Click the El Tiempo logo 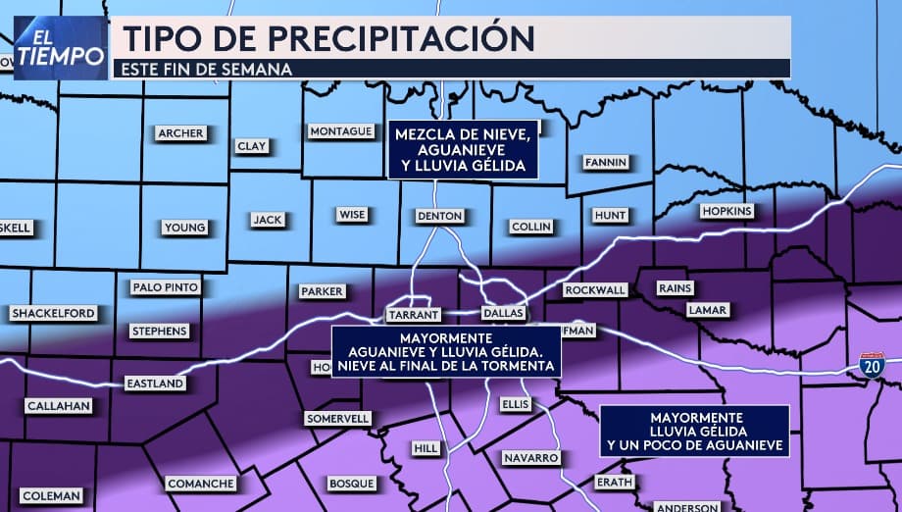pyautogui.click(x=60, y=47)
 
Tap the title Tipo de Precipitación pyautogui.click(x=327, y=37)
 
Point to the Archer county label pyautogui.click(x=180, y=133)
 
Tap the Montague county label pyautogui.click(x=340, y=131)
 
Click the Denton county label pyautogui.click(x=438, y=216)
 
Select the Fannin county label pyautogui.click(x=604, y=162)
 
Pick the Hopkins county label pyautogui.click(x=726, y=211)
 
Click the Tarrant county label pyautogui.click(x=413, y=315)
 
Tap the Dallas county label pyautogui.click(x=504, y=313)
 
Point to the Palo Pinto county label pyautogui.click(x=166, y=287)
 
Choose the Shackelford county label pyautogui.click(x=53, y=314)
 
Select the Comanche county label pyautogui.click(x=200, y=484)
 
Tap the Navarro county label pyautogui.click(x=530, y=458)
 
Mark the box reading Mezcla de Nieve pyautogui.click(x=464, y=150)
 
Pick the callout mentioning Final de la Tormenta pyautogui.click(x=446, y=351)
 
